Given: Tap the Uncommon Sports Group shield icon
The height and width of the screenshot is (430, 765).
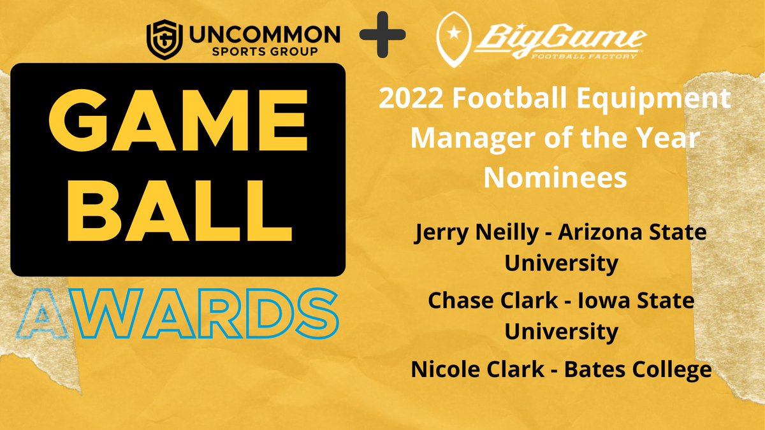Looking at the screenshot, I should click(160, 39).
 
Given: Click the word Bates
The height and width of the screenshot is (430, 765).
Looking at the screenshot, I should click(586, 369).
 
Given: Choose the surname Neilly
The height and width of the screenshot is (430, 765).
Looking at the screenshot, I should click(507, 234).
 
